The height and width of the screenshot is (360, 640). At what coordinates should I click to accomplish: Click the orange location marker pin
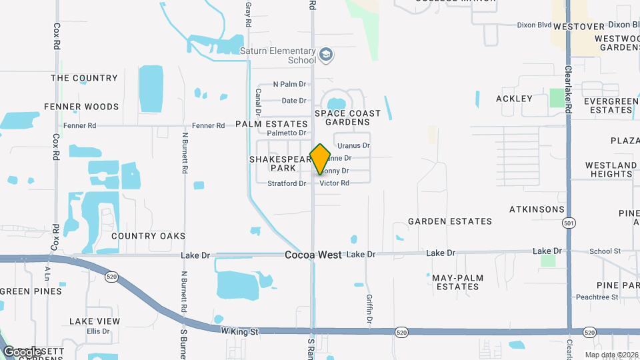coord(320,159)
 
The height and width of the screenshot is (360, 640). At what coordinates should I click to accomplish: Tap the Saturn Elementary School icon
coord(326,55)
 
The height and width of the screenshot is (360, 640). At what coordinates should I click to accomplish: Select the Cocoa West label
coord(313,255)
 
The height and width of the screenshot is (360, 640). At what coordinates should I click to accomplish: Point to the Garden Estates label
coord(450,221)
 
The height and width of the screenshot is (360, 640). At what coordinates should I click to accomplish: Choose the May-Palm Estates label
coord(457,282)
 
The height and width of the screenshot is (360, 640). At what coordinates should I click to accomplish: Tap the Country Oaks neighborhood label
coord(148,236)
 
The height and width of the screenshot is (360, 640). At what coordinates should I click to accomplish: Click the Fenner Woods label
coord(81,107)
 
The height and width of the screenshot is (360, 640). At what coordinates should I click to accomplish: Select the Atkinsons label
coord(537,209)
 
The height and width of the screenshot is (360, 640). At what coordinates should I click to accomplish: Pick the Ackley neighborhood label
coord(514,99)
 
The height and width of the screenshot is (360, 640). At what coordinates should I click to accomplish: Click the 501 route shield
coord(568,222)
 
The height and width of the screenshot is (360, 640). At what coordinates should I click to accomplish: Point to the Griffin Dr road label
coord(369,311)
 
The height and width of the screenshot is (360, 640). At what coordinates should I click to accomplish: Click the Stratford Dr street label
coord(287,183)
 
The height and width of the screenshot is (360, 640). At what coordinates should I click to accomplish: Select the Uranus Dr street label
coord(353,145)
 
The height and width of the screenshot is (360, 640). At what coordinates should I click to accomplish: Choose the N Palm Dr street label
coord(289,85)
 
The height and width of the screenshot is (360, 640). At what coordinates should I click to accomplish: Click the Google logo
coord(22,351)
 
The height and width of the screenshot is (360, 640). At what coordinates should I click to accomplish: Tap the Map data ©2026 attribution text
coord(611,355)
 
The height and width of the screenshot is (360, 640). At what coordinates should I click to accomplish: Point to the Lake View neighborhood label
coord(95,321)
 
